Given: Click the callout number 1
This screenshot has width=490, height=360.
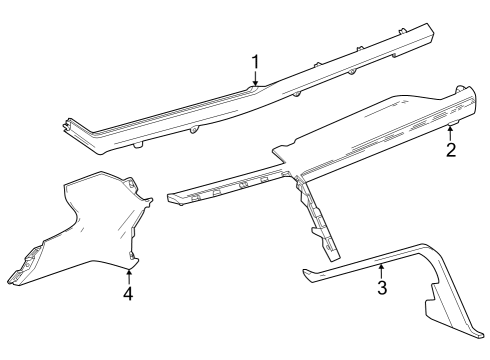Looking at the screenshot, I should [255, 64].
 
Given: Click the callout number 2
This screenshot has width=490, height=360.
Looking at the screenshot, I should [451, 150].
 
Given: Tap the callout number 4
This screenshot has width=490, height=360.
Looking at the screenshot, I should [128, 294].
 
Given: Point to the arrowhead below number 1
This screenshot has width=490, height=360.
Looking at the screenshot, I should [255, 86].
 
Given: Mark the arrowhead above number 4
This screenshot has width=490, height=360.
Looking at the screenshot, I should [129, 271].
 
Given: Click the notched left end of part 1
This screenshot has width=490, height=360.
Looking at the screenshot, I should [66, 125].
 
